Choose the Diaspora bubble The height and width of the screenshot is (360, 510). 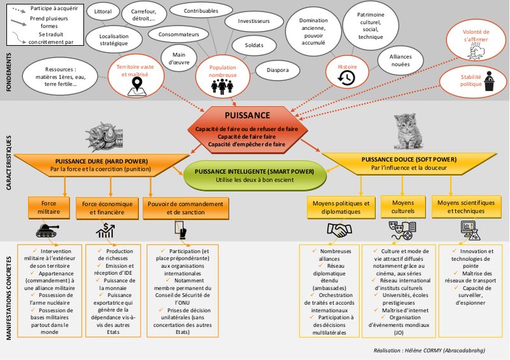[279, 70]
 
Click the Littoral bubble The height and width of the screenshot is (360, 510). [102, 12]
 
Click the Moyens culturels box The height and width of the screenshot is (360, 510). [402, 207]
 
